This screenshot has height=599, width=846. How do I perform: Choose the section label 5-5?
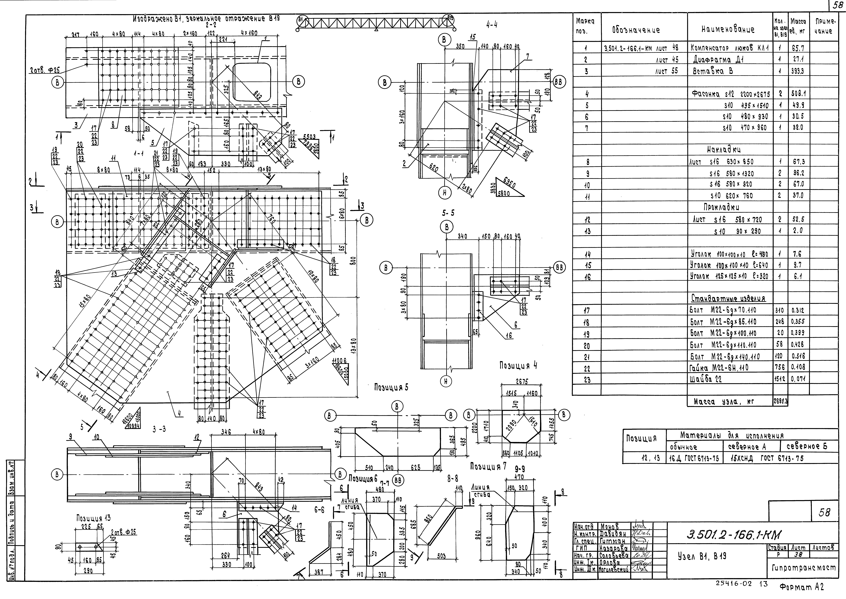448,213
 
